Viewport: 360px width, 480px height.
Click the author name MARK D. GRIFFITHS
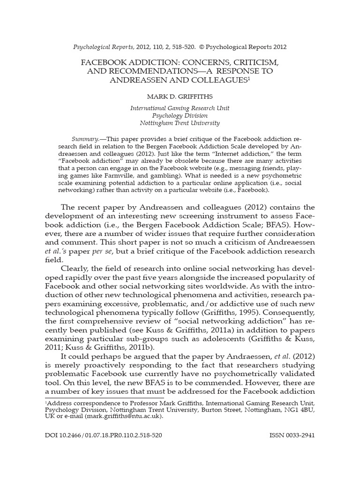click(180, 97)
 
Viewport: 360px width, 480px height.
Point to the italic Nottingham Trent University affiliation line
click(180, 123)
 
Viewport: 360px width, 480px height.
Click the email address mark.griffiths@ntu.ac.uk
click(123, 415)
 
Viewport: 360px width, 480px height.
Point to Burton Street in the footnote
click(220, 409)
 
